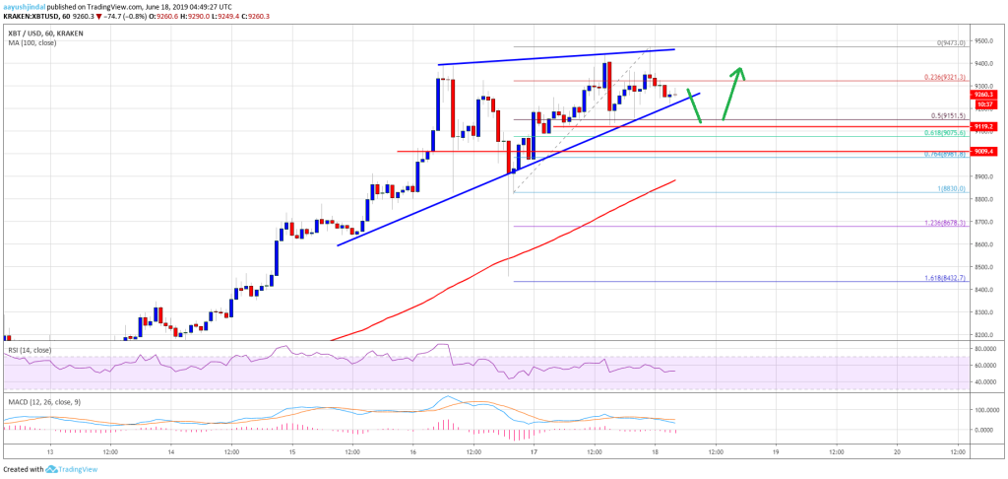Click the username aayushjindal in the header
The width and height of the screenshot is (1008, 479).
tap(28, 6)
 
